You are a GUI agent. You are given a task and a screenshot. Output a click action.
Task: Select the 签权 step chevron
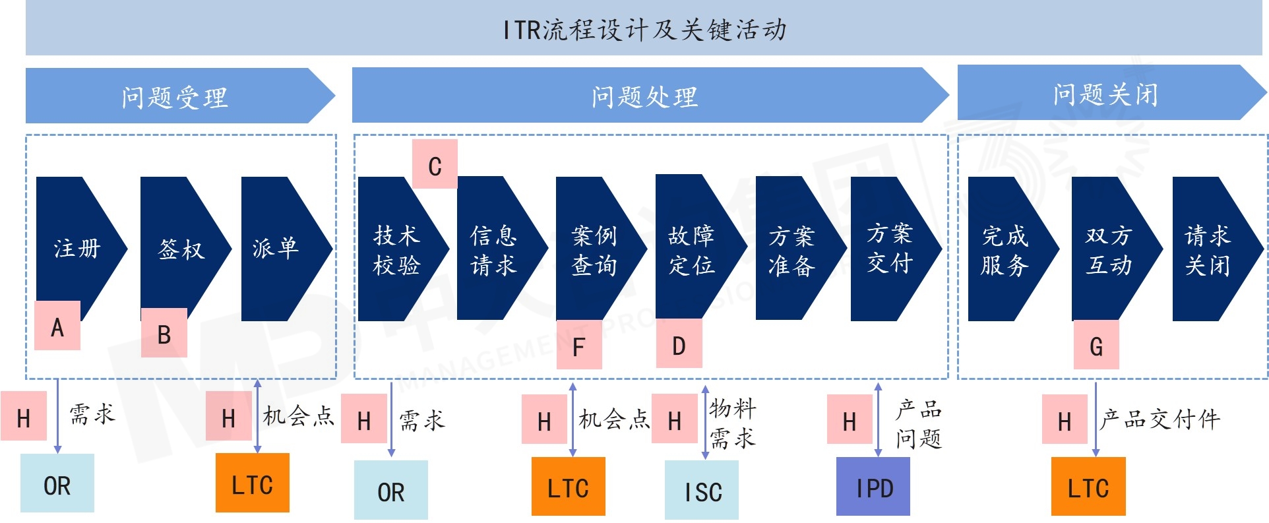181,249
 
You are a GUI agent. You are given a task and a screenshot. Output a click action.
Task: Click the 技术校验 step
398,250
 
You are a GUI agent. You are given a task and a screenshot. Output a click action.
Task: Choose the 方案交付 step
890,249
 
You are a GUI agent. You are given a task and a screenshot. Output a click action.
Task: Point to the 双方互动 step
1111,250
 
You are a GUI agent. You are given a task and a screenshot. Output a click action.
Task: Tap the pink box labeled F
579,345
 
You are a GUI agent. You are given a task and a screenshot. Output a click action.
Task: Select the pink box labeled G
1096,345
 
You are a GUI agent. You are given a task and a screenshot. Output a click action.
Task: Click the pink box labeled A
57,326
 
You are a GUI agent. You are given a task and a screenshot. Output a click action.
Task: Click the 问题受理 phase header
175,96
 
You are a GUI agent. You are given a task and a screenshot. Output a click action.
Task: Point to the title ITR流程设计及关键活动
644,29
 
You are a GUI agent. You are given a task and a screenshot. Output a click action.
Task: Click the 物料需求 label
732,423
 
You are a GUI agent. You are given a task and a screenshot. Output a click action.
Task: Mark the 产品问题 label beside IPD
918,423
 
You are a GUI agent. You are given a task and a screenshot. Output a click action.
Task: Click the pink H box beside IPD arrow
850,419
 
